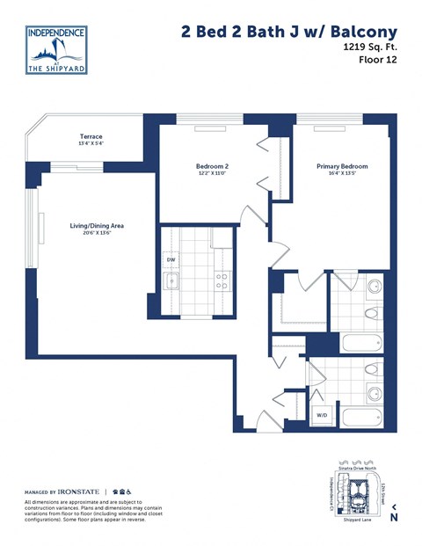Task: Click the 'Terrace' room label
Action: (91, 137)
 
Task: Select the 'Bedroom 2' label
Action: (212, 165)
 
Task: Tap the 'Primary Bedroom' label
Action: (342, 165)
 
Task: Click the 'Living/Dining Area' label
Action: (97, 226)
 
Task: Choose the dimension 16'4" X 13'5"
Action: (342, 174)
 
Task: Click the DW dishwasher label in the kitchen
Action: (171, 260)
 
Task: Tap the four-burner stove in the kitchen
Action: (222, 280)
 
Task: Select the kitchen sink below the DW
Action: (171, 281)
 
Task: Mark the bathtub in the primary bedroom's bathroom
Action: (360, 344)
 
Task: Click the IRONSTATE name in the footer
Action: (79, 491)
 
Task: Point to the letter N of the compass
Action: (393, 518)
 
